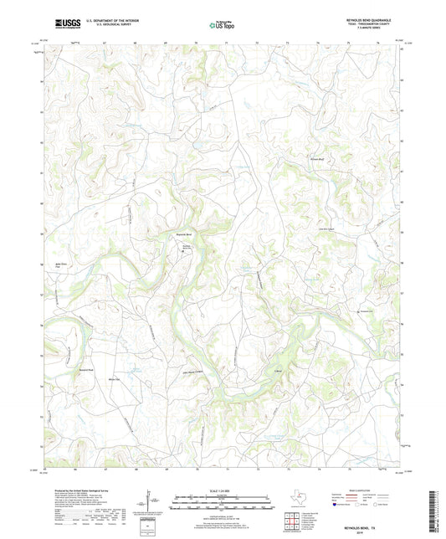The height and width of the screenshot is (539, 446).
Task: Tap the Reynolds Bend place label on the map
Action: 184,234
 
